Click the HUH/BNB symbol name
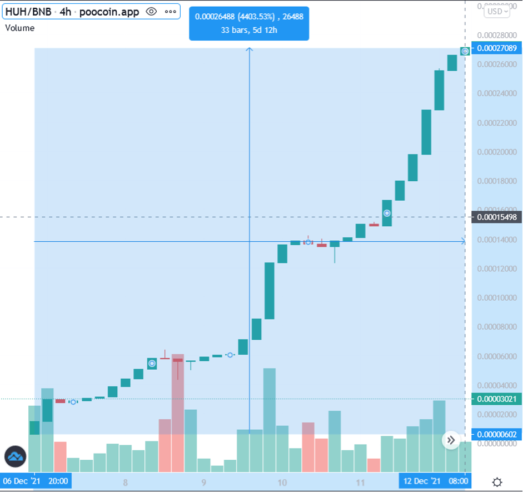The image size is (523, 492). click(28, 12)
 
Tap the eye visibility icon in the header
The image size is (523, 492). click(151, 12)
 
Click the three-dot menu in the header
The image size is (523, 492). click(170, 12)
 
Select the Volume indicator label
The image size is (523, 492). click(19, 28)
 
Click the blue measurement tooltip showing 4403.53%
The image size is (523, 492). click(249, 23)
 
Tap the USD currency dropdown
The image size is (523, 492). click(496, 11)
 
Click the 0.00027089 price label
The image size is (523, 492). click(496, 48)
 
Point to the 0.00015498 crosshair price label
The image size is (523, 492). click(496, 217)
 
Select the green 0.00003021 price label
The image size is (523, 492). click(496, 399)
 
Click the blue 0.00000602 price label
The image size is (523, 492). click(496, 434)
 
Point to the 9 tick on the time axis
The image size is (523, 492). click(204, 482)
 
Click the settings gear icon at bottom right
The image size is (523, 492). click(497, 481)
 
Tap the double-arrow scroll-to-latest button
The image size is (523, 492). click(451, 440)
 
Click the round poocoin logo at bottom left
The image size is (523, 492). click(16, 456)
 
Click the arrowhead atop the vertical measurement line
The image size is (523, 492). click(250, 50)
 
